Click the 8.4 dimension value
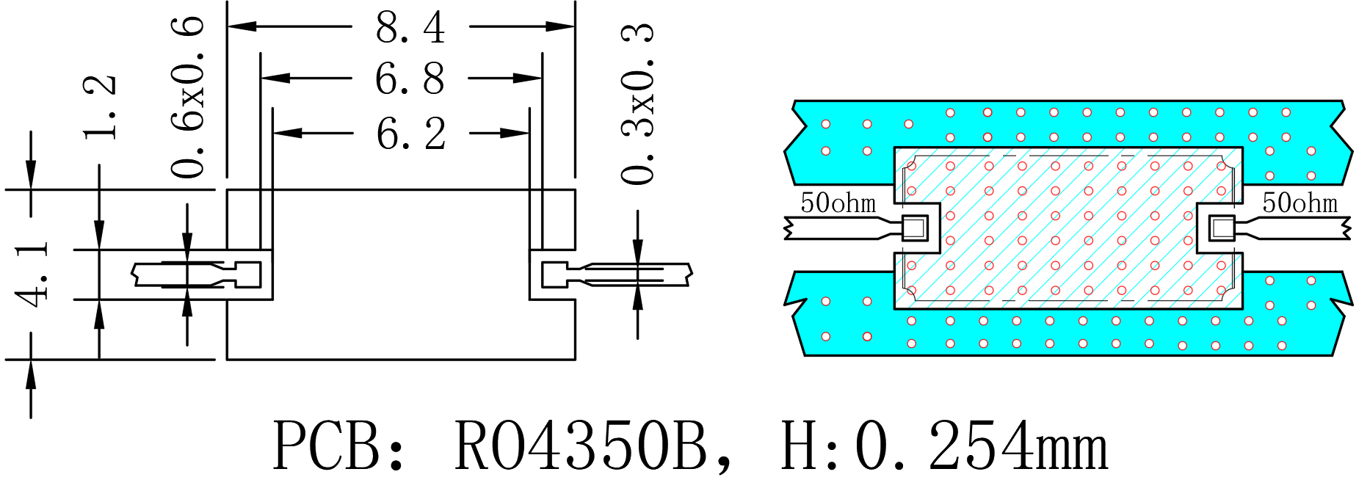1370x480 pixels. pyautogui.click(x=410, y=28)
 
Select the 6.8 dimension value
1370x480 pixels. pyautogui.click(x=410, y=79)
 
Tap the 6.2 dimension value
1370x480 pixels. pyautogui.click(x=410, y=134)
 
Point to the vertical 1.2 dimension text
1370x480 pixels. pyautogui.click(x=100, y=107)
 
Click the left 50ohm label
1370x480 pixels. pyautogui.click(x=838, y=203)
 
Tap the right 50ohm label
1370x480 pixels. pyautogui.click(x=1300, y=203)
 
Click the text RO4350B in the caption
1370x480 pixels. pyautogui.click(x=580, y=446)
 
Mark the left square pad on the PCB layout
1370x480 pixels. pyautogui.click(x=914, y=228)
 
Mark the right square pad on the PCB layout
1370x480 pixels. pyautogui.click(x=1222, y=228)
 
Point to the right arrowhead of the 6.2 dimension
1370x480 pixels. pyautogui.click(x=515, y=133)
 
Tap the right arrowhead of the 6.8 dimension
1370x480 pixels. pyautogui.click(x=528, y=78)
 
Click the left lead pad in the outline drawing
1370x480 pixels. pyautogui.click(x=248, y=274)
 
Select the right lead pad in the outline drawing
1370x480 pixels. pyautogui.click(x=554, y=274)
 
